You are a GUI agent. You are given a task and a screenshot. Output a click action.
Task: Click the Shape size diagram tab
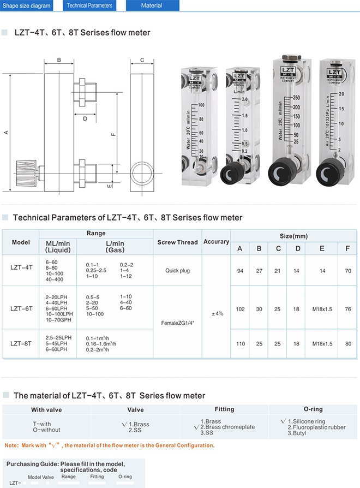[27, 5]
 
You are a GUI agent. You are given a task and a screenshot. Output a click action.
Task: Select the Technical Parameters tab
[89, 5]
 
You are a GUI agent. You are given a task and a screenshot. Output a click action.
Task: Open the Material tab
[151, 5]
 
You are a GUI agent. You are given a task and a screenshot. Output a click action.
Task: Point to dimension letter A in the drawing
[6, 132]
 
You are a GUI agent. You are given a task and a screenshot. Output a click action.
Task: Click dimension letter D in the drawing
[85, 118]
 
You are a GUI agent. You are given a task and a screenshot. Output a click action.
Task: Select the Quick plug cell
[177, 271]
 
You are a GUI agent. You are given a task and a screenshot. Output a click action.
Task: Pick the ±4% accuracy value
[217, 313]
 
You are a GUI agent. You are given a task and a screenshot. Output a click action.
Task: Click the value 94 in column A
[240, 271]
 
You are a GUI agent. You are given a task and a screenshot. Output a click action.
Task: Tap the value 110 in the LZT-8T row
[240, 344]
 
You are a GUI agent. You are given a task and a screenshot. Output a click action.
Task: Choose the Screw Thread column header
[177, 242]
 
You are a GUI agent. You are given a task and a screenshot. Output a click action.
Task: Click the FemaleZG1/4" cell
[178, 323]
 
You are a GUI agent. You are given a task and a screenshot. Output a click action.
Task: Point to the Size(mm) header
[294, 236]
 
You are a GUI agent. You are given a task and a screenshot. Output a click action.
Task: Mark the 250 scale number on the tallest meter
[297, 98]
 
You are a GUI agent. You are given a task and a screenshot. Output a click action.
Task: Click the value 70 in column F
[347, 271]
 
